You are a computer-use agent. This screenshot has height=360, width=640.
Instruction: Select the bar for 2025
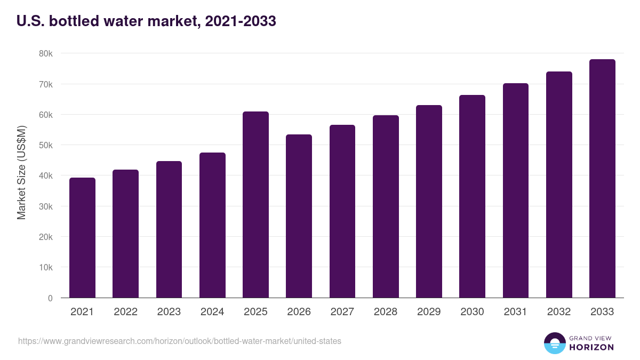tap(255, 205)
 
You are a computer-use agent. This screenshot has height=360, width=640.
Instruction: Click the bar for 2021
tap(82, 238)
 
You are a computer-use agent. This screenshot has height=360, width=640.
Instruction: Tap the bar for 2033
tap(602, 179)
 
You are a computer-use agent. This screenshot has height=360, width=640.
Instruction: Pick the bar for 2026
tap(299, 216)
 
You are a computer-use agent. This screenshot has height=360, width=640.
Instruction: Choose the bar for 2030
tap(472, 196)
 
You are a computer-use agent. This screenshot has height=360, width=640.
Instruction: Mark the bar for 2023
tap(169, 229)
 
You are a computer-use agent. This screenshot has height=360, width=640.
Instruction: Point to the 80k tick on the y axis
tap(45, 54)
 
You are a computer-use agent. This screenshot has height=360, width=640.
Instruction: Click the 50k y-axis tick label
tap(45, 145)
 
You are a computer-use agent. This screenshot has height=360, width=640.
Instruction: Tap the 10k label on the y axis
tap(45, 267)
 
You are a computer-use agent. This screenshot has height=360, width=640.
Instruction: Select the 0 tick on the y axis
tap(50, 298)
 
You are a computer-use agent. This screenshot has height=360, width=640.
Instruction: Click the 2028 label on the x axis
tap(385, 312)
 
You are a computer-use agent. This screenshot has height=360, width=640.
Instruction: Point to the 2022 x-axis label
tap(125, 312)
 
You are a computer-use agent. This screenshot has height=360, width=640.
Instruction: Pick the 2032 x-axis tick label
tap(558, 312)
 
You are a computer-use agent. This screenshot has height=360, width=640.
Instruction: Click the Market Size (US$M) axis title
tap(22, 172)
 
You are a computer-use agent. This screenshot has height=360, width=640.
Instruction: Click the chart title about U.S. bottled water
tap(146, 21)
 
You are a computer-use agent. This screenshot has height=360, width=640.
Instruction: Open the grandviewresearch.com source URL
tap(180, 341)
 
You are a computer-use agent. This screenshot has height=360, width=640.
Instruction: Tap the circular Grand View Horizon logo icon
tap(554, 343)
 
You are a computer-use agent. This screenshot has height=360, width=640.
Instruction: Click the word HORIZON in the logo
tap(591, 347)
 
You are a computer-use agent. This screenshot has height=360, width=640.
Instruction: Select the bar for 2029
tap(429, 202)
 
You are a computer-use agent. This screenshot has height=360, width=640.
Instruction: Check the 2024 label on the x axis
tap(212, 312)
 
